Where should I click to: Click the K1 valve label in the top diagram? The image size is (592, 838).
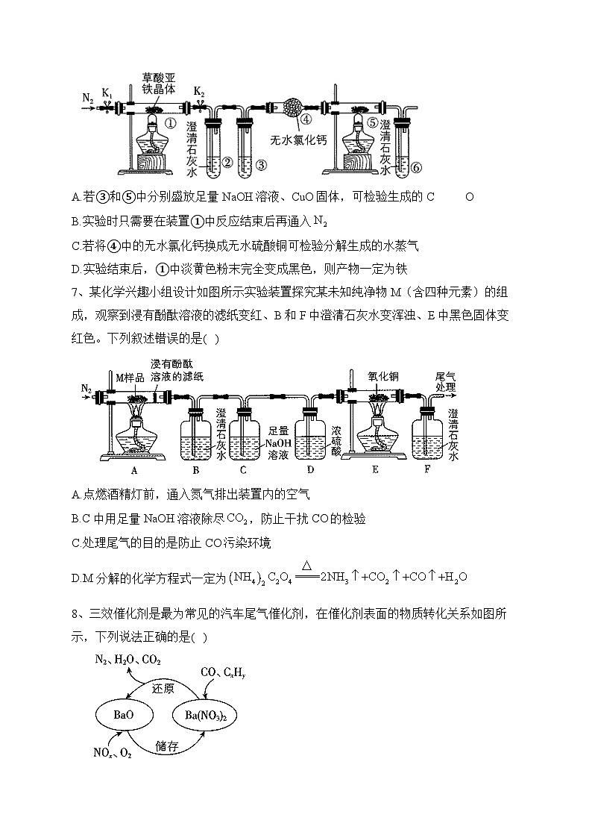pos(107,93)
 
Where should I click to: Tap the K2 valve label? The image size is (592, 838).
pos(198,91)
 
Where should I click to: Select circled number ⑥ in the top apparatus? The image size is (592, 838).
pos(415,167)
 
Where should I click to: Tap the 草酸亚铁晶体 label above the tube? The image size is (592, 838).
pos(157,83)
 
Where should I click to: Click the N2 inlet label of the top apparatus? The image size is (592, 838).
pos(87,98)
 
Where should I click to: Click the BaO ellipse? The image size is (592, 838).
pos(124,715)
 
